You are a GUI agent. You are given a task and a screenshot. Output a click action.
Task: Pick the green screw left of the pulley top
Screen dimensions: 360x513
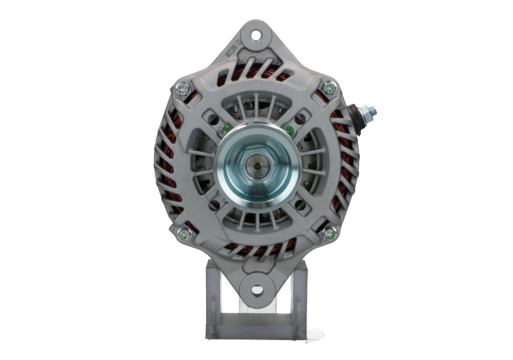tap(223, 132)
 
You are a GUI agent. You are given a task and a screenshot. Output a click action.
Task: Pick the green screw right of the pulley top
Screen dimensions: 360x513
tap(290, 132)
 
